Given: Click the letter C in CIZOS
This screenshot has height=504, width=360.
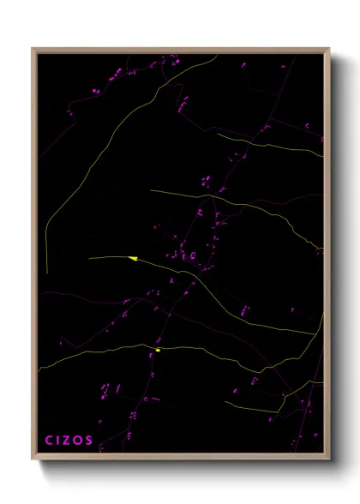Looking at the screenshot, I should [x=50, y=441].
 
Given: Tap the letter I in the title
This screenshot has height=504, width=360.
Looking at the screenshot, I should [x=61, y=441].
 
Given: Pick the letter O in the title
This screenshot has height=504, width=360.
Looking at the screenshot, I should [x=81, y=441].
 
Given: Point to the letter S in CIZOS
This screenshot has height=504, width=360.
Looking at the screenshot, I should [x=90, y=441].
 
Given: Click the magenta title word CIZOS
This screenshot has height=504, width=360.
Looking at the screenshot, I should [x=69, y=441].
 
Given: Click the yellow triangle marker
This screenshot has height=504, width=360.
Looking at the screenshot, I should [x=133, y=257].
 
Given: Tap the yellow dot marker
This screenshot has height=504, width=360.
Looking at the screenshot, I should [x=159, y=350].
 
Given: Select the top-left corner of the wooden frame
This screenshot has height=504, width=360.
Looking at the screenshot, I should [x=32, y=48].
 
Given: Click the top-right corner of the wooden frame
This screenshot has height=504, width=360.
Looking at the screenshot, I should [x=330, y=48].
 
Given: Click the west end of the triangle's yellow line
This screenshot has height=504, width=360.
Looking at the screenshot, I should [x=89, y=257].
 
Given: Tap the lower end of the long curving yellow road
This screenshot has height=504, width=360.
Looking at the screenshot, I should [x=47, y=273].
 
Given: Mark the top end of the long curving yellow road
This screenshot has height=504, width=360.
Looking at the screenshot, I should [x=218, y=57].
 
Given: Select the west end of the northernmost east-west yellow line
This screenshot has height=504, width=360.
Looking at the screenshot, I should [x=217, y=134].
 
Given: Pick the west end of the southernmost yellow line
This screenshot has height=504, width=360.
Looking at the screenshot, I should [x=225, y=401].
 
